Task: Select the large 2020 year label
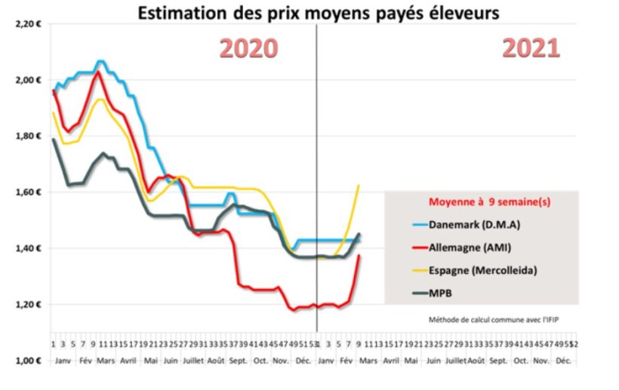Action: [248, 48]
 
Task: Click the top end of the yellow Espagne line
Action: [358, 185]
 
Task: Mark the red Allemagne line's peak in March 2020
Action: [98, 72]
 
